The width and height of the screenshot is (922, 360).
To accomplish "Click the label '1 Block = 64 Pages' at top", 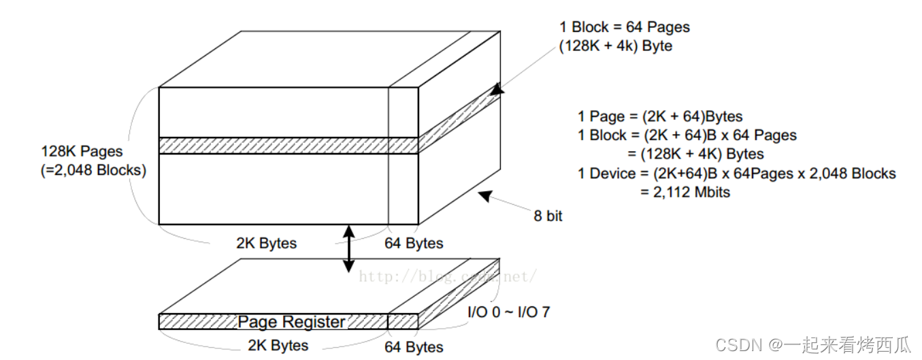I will tap(624, 28).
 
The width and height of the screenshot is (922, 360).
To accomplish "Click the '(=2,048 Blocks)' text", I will tap(93, 170).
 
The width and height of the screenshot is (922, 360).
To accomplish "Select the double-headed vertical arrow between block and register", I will tap(348, 249).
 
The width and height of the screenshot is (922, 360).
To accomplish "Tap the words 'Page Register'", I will tap(291, 322).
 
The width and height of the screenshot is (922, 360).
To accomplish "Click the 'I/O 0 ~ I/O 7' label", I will tap(508, 313).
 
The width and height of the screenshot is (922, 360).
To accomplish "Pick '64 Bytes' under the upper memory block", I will tap(414, 243).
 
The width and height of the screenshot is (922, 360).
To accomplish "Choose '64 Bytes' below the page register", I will tap(414, 347).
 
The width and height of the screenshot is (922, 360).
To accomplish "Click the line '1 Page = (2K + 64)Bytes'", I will tap(660, 116).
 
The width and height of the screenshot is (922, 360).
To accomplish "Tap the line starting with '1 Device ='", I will tap(737, 174).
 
